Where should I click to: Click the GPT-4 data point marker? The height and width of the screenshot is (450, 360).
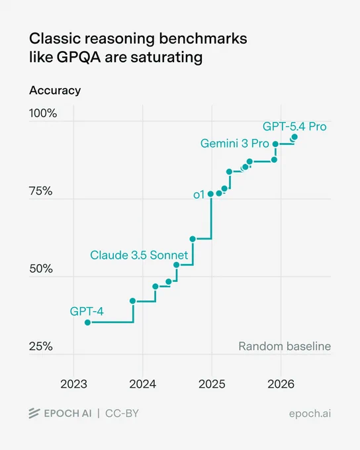(88, 322)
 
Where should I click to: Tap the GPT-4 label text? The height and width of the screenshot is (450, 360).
(87, 312)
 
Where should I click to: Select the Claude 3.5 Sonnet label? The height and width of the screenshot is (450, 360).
(139, 255)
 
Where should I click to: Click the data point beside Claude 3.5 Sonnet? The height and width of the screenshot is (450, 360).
(177, 265)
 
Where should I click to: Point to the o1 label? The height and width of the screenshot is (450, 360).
(199, 195)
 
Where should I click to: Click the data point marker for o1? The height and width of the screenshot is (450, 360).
(210, 194)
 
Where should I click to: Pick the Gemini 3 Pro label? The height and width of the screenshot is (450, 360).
(234, 144)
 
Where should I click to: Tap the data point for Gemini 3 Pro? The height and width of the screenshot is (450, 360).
(275, 144)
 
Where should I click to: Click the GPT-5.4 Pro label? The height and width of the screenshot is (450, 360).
(294, 126)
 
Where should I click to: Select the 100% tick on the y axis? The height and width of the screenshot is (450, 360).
(43, 113)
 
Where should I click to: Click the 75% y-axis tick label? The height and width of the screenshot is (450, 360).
(41, 191)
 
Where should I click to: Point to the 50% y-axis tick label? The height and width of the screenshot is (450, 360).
(41, 269)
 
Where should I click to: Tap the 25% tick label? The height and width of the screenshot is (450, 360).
(41, 346)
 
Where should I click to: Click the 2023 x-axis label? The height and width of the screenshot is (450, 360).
(73, 384)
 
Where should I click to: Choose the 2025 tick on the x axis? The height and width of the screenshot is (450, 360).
(212, 384)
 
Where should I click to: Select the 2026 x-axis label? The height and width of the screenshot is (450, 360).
(281, 384)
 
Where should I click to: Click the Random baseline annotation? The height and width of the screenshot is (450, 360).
(285, 346)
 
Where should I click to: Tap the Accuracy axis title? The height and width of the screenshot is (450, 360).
(55, 91)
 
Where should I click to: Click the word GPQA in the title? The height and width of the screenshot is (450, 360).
(79, 57)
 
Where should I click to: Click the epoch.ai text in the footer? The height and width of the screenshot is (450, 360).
(310, 414)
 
